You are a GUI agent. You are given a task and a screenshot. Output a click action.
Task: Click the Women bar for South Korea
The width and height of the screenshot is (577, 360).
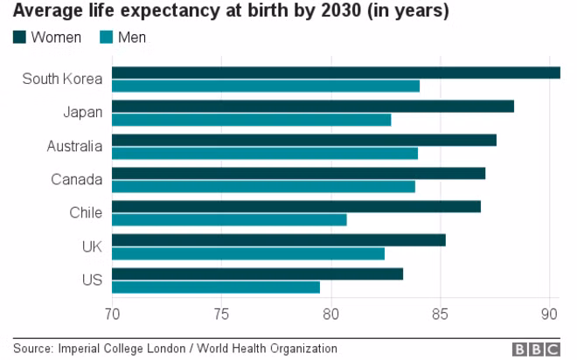coord(336,73)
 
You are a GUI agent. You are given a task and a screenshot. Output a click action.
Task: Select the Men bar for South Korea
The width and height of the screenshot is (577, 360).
coord(266,86)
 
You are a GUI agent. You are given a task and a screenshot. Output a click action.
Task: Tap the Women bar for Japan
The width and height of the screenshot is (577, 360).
coord(313,107)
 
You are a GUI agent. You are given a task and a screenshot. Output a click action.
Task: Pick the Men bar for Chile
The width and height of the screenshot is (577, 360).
coord(229,220)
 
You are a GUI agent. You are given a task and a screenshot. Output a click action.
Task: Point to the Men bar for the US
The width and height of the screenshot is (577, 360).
coord(216,287)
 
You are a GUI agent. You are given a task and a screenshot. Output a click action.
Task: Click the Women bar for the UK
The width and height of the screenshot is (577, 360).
coord(279,240)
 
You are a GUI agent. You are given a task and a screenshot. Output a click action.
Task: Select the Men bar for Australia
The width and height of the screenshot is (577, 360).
coord(265,153)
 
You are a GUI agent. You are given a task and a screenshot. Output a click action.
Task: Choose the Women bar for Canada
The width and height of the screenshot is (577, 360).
coord(298,173)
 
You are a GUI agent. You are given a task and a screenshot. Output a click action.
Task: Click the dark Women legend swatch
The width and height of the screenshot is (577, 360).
coord(19,38)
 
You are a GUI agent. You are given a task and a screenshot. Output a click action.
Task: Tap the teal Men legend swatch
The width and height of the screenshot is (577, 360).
coord(106,38)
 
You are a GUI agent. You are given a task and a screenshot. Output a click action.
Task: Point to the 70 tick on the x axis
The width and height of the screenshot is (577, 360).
coord(112,315)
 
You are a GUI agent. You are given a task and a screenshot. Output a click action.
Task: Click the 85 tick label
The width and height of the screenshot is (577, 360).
coord(440,315)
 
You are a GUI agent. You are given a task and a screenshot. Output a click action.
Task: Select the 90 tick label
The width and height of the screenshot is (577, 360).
coord(549,315)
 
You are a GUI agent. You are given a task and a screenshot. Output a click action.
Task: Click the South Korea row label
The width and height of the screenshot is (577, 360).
coord(62,79)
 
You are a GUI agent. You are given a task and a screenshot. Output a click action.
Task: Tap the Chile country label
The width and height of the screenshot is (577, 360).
coord(86,212)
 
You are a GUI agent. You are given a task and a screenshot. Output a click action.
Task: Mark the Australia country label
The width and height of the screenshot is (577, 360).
coord(74,146)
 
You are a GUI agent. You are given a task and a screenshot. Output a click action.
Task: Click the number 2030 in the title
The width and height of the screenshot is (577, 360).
coord(341,10)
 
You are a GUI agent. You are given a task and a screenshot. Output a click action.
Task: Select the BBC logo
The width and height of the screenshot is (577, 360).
coord(536,349)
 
